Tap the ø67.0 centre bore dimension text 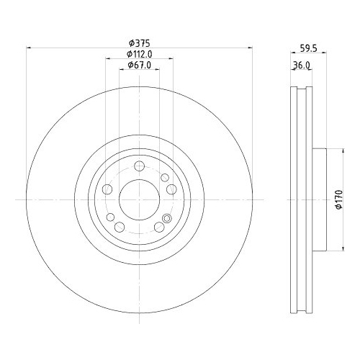139,66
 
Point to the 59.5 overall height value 308,50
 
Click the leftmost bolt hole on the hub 107,189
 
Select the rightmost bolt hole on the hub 171,189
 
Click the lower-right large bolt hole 158,227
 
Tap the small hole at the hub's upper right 165,177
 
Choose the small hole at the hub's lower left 111,217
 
